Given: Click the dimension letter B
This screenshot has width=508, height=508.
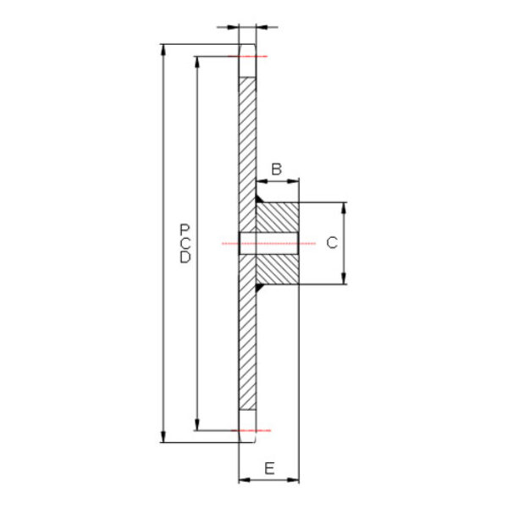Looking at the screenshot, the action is pyautogui.click(x=276, y=169).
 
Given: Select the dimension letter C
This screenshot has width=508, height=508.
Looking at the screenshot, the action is pyautogui.click(x=332, y=243).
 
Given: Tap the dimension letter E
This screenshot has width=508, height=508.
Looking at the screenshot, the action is pyautogui.click(x=269, y=468).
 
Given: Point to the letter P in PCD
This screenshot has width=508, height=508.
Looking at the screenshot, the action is pyautogui.click(x=185, y=229).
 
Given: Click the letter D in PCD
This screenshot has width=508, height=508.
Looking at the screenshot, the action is pyautogui.click(x=185, y=257).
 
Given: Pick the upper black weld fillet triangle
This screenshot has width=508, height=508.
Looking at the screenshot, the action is pyautogui.click(x=260, y=199).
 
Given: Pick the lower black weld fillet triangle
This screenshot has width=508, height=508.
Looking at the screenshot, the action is pyautogui.click(x=260, y=288).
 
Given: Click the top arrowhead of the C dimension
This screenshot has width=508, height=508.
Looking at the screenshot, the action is pyautogui.click(x=344, y=208).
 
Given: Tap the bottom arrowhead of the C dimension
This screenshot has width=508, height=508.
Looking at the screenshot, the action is pyautogui.click(x=344, y=279).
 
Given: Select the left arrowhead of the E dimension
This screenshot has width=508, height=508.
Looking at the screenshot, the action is pyautogui.click(x=245, y=479).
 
